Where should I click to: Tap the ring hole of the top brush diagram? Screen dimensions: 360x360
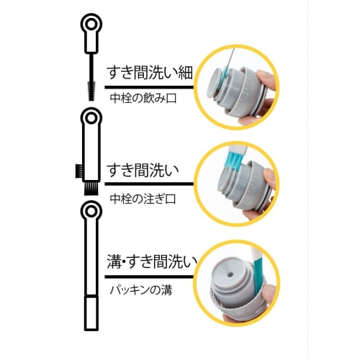coord(90,27)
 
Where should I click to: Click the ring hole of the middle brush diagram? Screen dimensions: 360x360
coord(91,117)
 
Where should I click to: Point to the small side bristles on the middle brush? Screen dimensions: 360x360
coord(78,171)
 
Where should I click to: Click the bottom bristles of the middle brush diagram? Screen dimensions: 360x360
coord(91,189)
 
